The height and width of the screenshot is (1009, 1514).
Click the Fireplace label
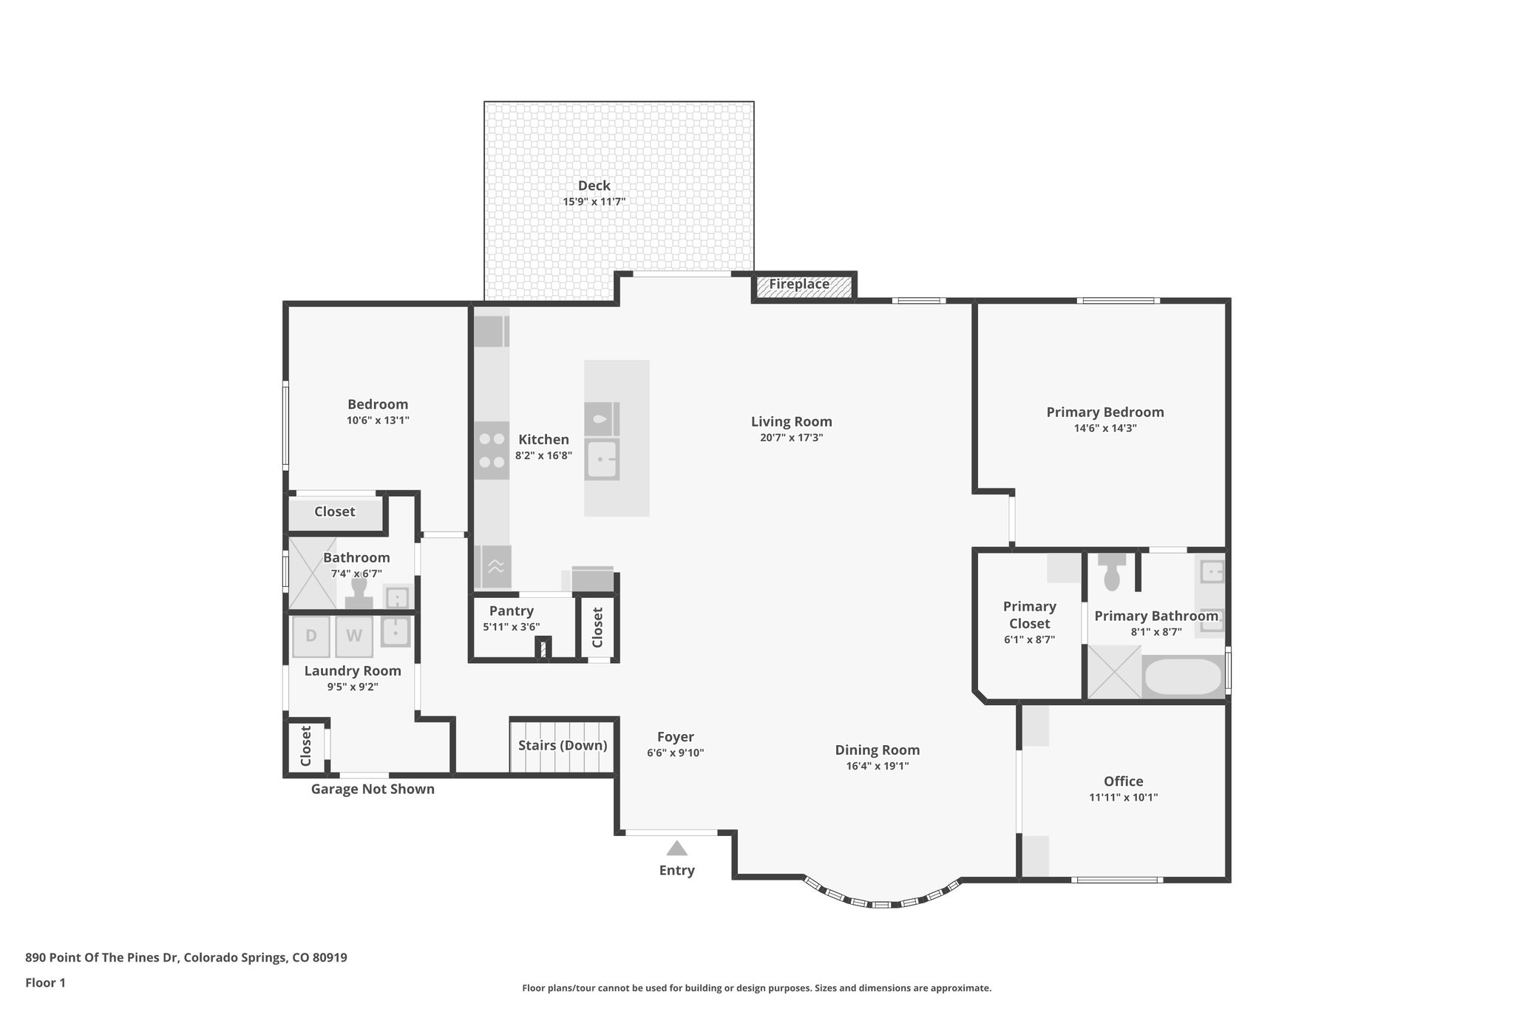799,284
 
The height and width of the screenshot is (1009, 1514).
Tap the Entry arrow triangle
676,849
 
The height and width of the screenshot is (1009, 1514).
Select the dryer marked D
311,636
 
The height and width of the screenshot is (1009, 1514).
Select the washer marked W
354,636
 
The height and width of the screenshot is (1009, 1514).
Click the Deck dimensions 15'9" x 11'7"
594,201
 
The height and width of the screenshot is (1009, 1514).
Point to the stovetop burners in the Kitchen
492,450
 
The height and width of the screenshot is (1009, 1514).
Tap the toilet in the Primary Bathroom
1112,572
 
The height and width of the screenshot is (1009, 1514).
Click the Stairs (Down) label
563,745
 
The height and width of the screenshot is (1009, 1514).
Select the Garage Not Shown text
373,789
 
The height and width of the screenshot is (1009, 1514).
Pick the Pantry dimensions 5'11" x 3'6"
512,627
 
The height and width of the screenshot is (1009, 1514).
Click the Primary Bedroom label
1104,412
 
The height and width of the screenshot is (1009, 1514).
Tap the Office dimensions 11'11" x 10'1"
1123,797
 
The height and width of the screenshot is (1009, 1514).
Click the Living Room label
791,421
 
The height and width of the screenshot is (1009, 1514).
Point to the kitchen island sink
602,461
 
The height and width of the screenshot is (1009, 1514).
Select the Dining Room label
877,750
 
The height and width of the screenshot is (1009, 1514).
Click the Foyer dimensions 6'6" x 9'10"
675,752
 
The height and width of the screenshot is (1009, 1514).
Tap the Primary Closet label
1029,614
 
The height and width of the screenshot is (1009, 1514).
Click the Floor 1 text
45,982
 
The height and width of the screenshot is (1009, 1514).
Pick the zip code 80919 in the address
329,957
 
